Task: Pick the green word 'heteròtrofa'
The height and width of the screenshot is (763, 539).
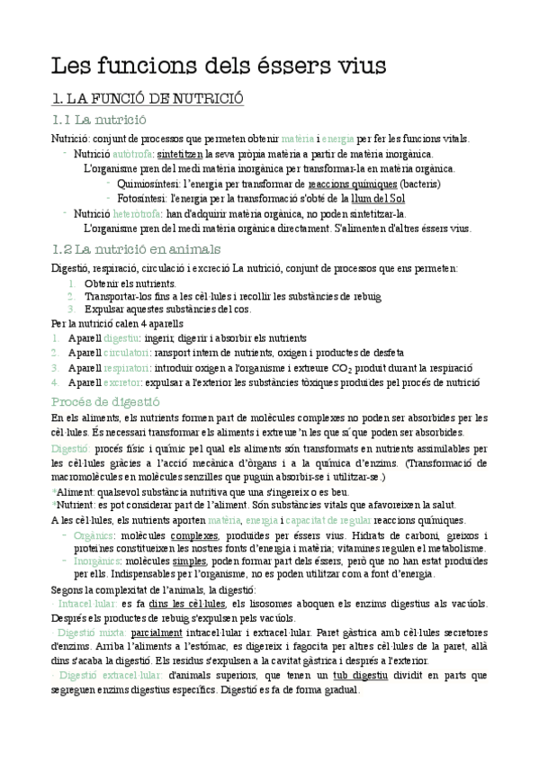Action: tap(138, 213)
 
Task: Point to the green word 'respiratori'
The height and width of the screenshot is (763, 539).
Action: tap(130, 367)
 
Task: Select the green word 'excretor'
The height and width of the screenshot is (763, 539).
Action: tap(127, 381)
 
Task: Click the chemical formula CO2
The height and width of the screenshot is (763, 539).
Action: tap(352, 368)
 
